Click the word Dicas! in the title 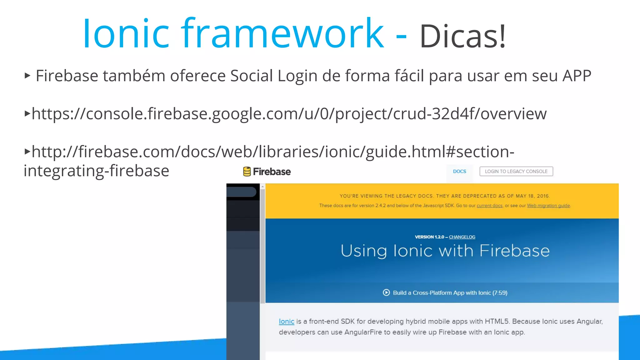462,36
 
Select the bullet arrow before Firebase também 27,75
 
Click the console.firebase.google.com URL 289,113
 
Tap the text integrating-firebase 97,171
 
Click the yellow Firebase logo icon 247,172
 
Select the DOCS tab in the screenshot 459,171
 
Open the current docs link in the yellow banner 489,206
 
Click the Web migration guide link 548,206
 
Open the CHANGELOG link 462,237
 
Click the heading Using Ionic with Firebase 445,251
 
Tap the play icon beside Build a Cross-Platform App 386,292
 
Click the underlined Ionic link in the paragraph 287,321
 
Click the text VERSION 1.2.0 429,237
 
